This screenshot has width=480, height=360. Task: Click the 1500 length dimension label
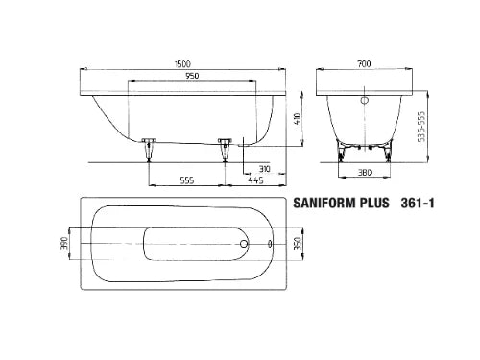[182, 64]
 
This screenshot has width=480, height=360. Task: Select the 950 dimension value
[192, 76]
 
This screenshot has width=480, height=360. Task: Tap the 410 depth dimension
[298, 119]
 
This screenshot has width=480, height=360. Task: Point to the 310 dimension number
[264, 169]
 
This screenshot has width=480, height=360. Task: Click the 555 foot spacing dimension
[187, 180]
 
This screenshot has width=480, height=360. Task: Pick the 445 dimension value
[255, 180]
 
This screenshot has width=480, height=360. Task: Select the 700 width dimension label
[364, 64]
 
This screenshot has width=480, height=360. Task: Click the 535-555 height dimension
[422, 127]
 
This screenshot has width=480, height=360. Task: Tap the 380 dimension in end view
[365, 173]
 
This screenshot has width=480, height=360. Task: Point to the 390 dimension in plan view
[64, 244]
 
